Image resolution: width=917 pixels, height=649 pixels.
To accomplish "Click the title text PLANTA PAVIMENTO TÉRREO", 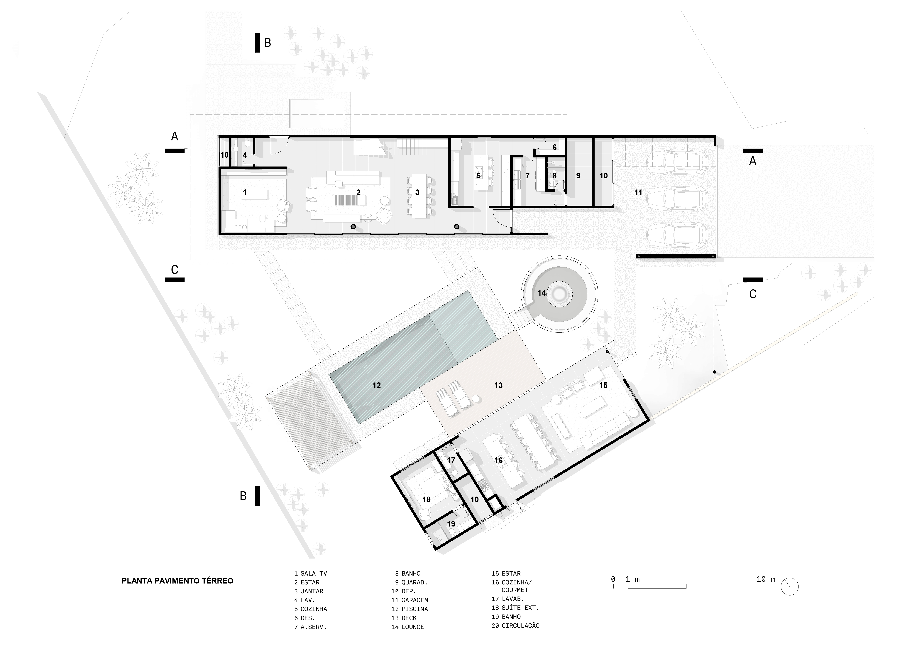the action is tap(177, 581).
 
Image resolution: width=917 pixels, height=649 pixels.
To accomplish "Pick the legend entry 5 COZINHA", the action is tap(311, 609).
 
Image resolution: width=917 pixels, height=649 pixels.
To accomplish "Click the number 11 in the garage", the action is tap(638, 192).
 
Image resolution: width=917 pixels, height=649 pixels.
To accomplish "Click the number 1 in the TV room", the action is tap(245, 192).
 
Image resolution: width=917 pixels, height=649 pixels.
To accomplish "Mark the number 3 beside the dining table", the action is tap(417, 192).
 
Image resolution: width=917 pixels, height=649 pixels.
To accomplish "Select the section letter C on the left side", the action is tap(175, 270).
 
